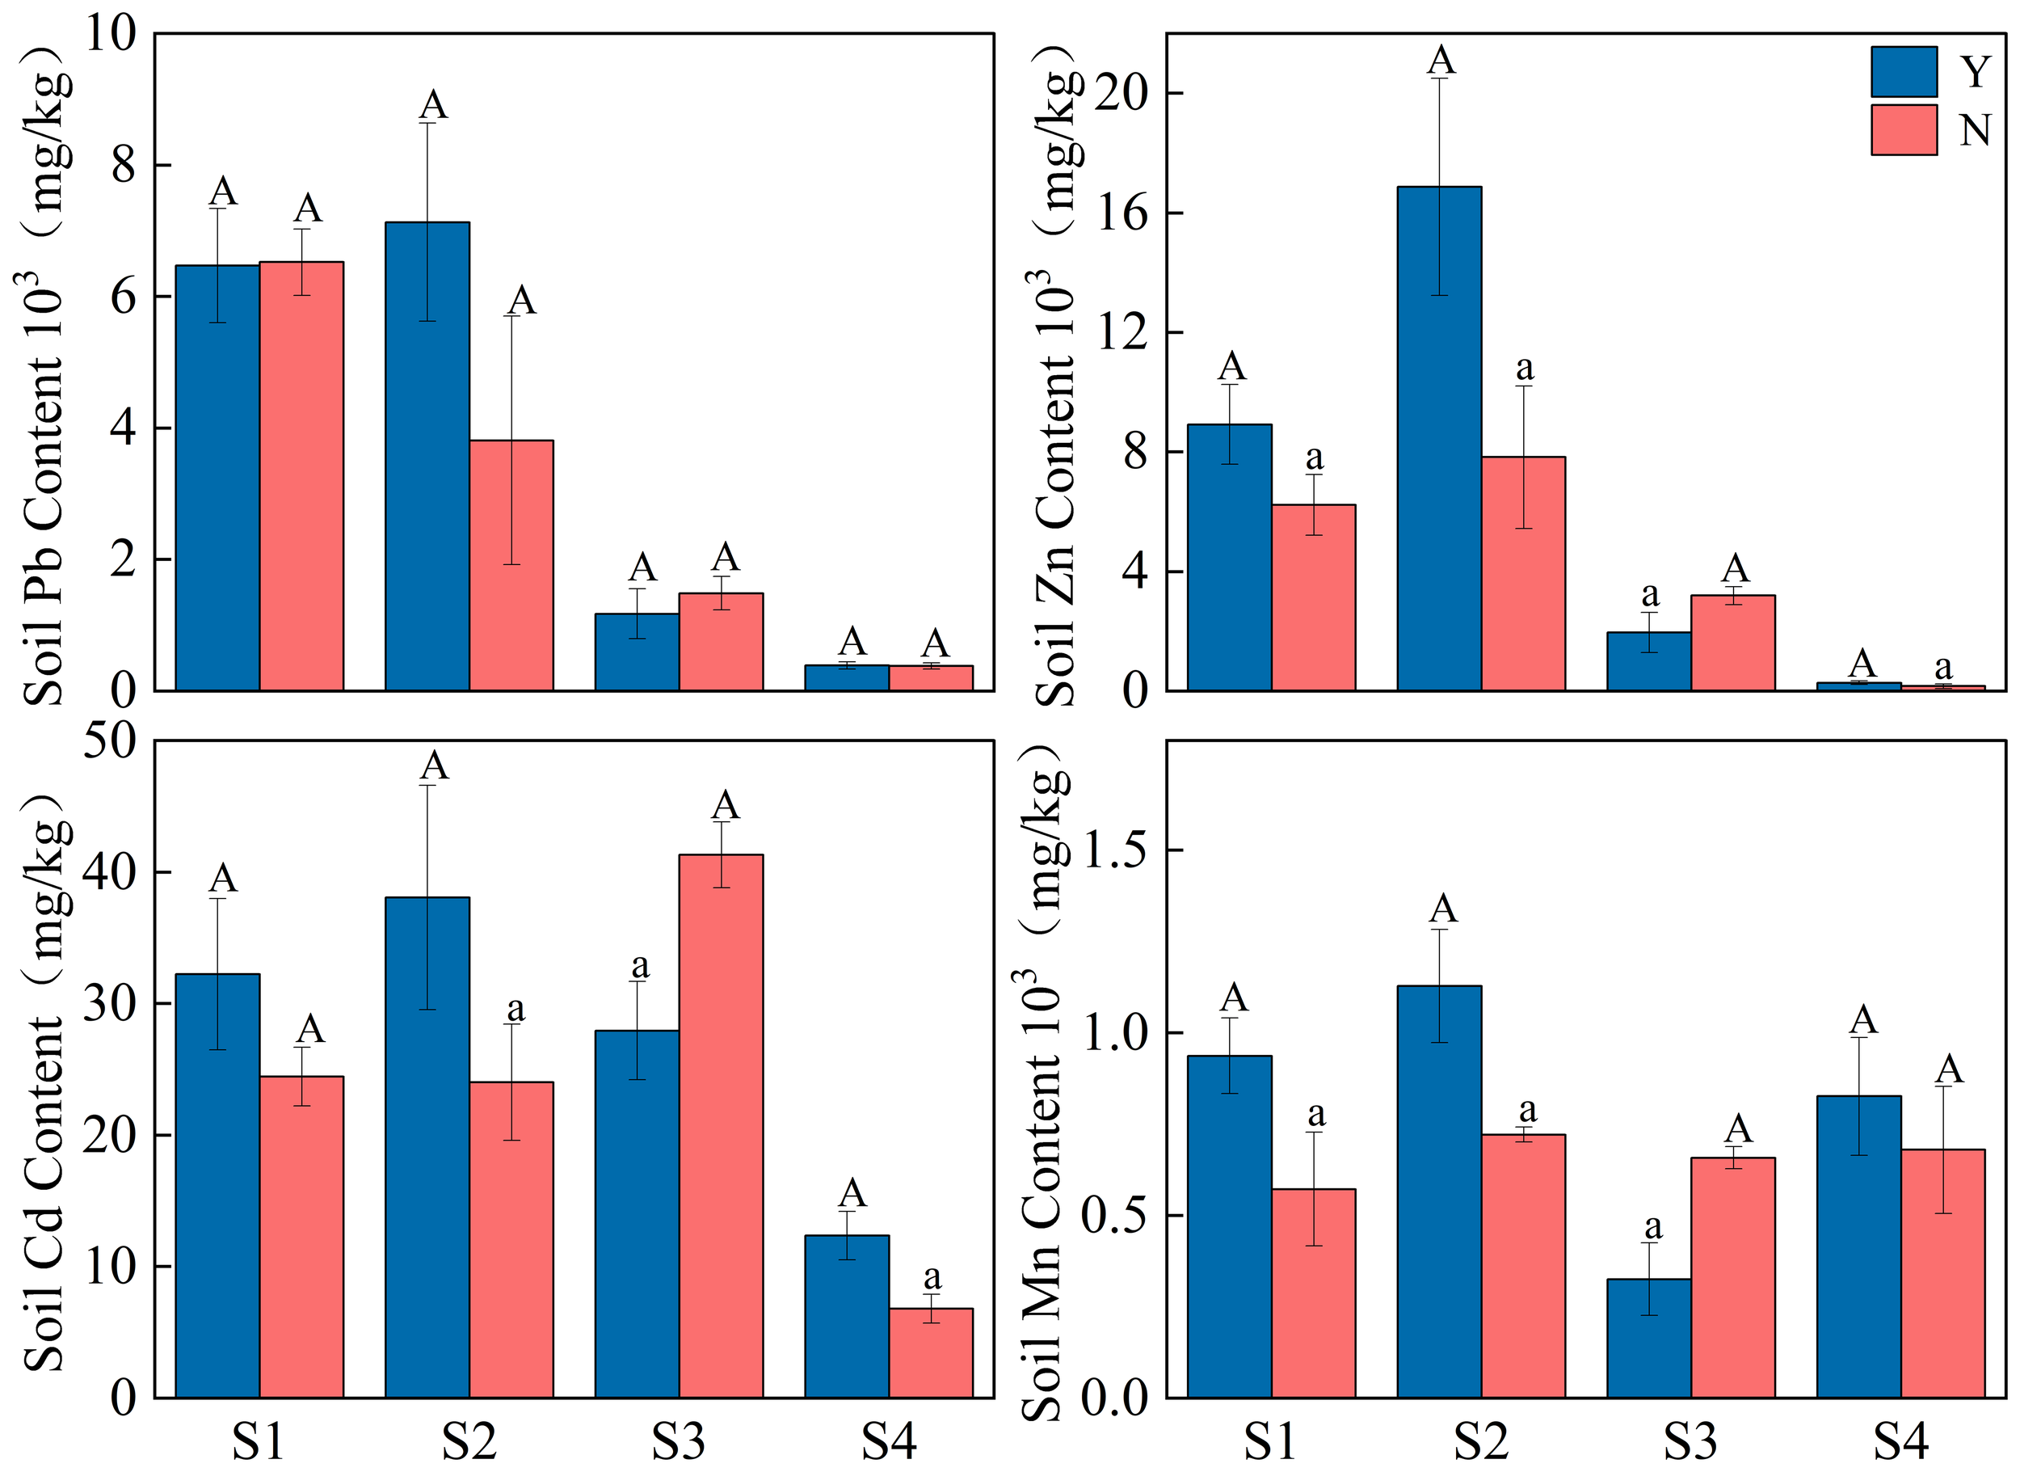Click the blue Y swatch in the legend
pos(1904,71)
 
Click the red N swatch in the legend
pos(1904,130)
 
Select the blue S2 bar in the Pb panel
pos(427,455)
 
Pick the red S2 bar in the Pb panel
pos(511,565)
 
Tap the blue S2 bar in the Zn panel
pos(1438,437)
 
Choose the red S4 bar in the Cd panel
pos(931,1352)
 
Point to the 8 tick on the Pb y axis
pos(124,165)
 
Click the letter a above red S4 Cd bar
pos(932,1277)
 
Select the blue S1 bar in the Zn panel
pos(1229,557)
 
